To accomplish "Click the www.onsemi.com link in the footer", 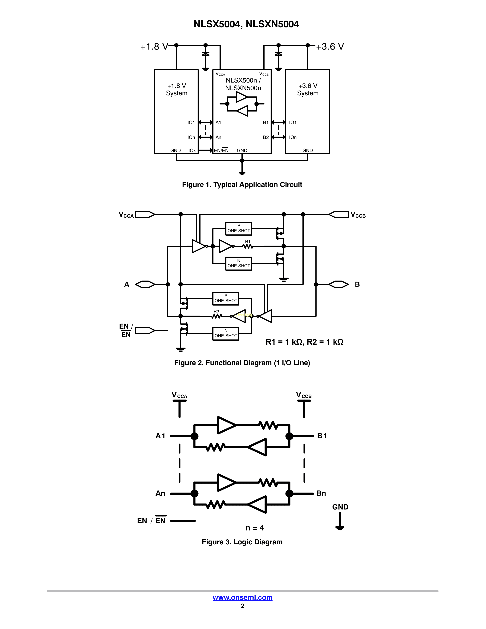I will tap(242, 597).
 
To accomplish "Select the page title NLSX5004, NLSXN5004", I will tap(246, 24).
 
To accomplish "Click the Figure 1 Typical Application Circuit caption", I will tap(242, 185).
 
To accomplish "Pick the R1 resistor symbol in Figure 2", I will tap(248, 246).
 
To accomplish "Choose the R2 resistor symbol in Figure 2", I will tap(217, 316).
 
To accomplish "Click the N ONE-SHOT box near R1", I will tap(238, 264).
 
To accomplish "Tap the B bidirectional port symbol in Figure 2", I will tap(339, 284).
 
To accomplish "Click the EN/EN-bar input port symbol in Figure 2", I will tap(145, 330).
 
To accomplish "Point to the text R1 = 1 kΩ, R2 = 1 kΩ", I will tap(304, 342).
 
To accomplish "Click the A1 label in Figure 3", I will tap(160, 436).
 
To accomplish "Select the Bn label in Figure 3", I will tap(321, 493).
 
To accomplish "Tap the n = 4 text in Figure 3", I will tap(254, 528).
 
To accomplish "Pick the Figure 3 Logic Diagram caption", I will tap(242, 542).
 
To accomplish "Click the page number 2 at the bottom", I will tap(242, 606).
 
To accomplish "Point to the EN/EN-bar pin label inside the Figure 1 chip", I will tap(221, 150).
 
